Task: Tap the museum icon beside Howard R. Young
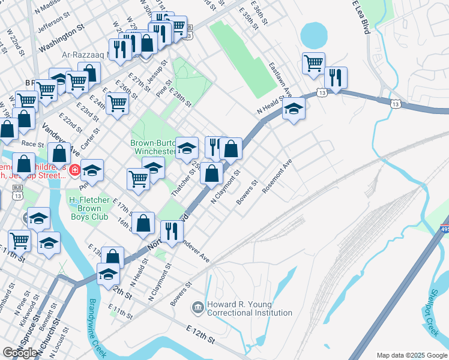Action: [x=198, y=308]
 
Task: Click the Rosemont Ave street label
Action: [x=277, y=176]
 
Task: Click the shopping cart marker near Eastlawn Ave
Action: [x=313, y=62]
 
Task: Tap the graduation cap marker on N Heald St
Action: [x=294, y=109]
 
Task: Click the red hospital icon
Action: [x=74, y=171]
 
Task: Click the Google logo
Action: [x=19, y=353]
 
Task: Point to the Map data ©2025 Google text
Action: [x=412, y=355]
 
